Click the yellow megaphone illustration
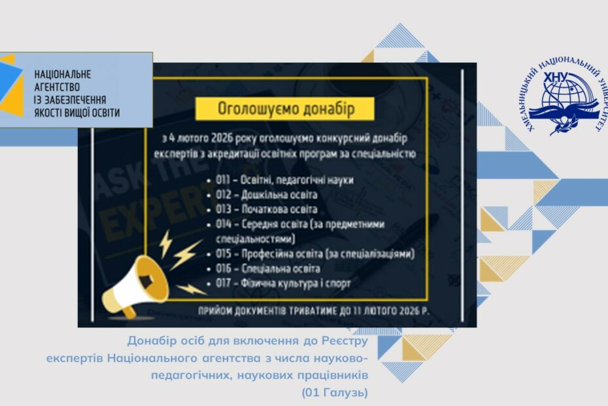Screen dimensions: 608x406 (134, 286)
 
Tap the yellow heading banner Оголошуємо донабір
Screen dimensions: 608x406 (284, 109)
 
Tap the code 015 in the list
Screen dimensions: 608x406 (224, 254)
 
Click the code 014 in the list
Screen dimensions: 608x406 (224, 225)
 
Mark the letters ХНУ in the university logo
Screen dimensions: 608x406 (556, 77)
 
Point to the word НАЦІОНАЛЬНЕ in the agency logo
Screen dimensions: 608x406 (62, 74)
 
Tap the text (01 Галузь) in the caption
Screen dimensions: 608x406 (335, 392)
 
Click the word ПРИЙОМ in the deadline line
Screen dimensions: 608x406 (212, 311)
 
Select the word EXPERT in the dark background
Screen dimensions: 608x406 (155, 212)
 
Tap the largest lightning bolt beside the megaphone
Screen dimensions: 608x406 (186, 255)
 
